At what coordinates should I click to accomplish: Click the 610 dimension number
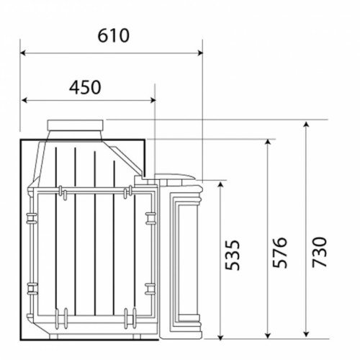click(113, 36)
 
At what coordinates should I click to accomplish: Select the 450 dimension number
click(85, 87)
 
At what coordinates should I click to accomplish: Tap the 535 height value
click(233, 255)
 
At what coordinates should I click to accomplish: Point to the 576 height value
click(280, 253)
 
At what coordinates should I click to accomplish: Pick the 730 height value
click(320, 252)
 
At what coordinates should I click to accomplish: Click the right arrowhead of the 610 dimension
click(200, 53)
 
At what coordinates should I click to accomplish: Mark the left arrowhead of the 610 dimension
click(23, 53)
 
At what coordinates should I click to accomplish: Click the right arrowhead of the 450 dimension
click(153, 100)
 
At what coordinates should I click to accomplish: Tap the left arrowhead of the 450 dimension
click(24, 100)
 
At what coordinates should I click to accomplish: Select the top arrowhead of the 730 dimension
click(306, 125)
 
